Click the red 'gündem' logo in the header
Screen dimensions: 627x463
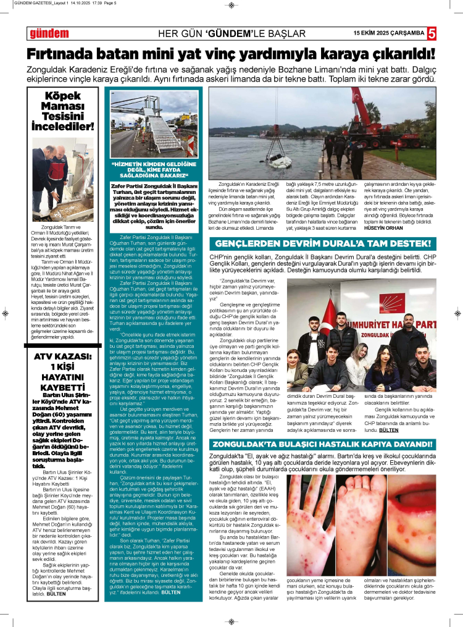coord(45,33)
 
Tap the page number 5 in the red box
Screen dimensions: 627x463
coord(432,33)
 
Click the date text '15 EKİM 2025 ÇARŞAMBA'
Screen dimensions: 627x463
coord(388,33)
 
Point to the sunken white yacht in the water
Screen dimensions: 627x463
coord(278,162)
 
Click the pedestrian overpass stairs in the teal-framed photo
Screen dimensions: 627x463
coord(162,133)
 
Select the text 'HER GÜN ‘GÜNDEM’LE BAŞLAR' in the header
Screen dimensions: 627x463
coord(231,33)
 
